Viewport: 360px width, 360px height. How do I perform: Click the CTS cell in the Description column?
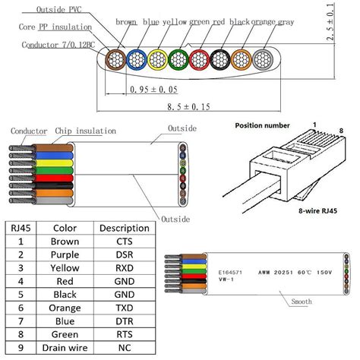pos(124,241)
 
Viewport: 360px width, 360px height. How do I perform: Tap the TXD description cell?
pos(124,309)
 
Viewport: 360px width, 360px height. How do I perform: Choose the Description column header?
pos(124,227)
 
